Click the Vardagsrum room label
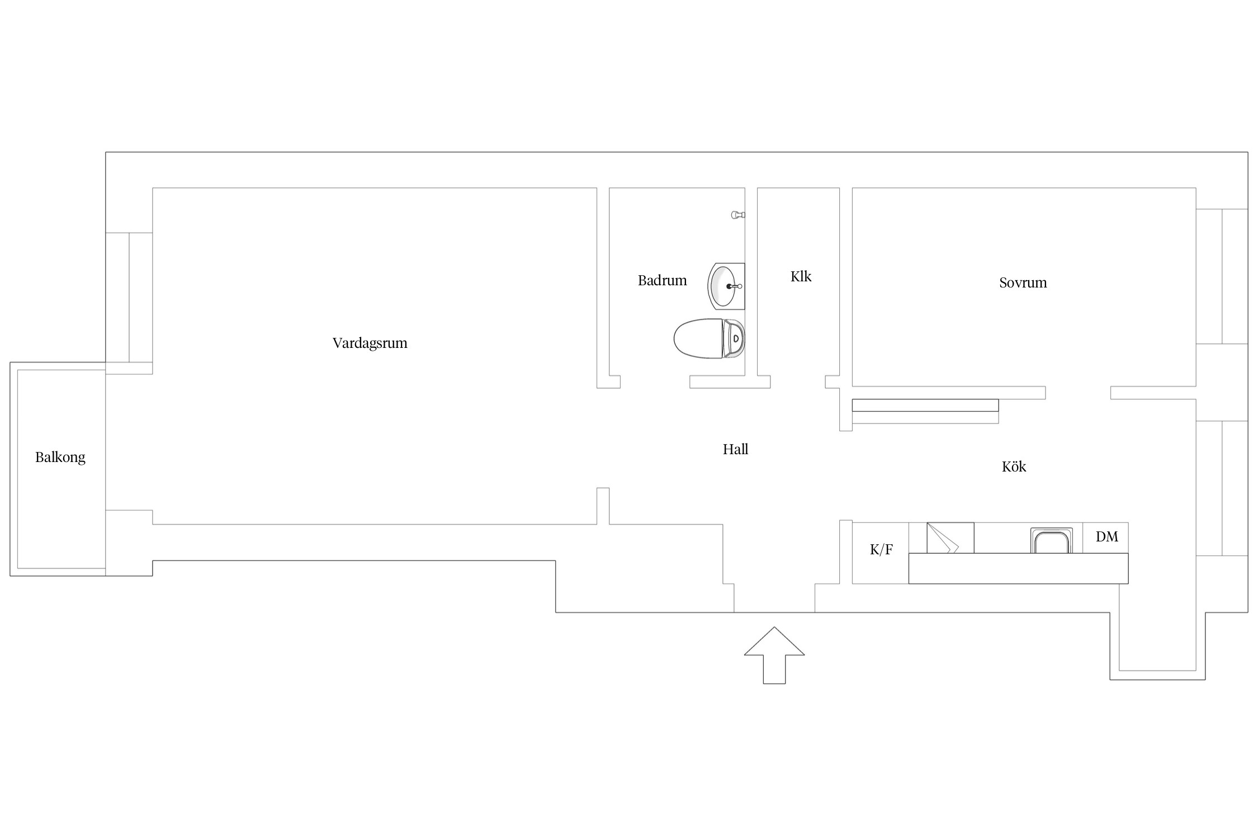pos(370,343)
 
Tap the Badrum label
pos(662,280)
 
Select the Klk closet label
pos(801,276)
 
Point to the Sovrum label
pos(1023,282)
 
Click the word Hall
pos(735,449)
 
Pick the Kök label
pos(1014,466)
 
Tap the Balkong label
pos(60,458)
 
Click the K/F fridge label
pos(881,550)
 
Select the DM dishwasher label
pos(1106,537)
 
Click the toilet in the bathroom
pos(709,338)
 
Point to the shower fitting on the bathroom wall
pos(738,215)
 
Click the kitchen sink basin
pos(1051,541)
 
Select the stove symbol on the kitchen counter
pos(950,538)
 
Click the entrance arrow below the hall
pos(774,655)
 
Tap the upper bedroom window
pos(1222,276)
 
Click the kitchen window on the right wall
pos(1222,488)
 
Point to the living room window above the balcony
pos(129,298)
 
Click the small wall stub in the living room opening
pos(603,506)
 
